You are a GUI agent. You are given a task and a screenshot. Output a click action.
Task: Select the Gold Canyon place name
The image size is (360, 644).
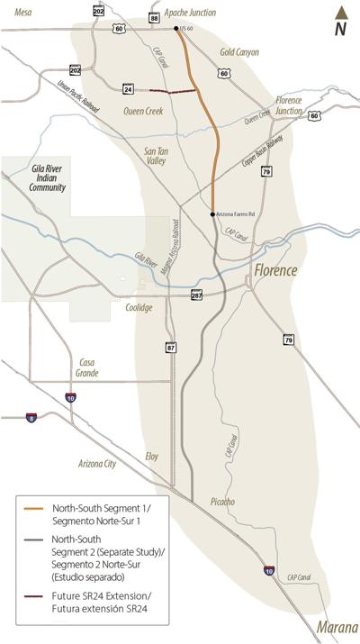pyautogui.click(x=239, y=52)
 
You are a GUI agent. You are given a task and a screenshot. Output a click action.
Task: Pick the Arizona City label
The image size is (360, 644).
pyautogui.click(x=97, y=464)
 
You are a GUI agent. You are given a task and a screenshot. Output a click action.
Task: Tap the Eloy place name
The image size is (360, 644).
pyautogui.click(x=152, y=457)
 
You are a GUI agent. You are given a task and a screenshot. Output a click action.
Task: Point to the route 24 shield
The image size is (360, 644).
pyautogui.click(x=129, y=89)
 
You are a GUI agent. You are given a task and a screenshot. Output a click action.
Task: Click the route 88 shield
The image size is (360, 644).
pyautogui.click(x=154, y=18)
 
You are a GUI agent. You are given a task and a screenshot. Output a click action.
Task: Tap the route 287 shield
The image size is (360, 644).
pyautogui.click(x=197, y=295)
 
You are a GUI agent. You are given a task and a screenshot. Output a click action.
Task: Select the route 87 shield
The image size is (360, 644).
pyautogui.click(x=170, y=347)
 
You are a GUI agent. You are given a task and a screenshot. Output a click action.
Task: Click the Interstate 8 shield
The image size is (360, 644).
pyautogui.click(x=31, y=419)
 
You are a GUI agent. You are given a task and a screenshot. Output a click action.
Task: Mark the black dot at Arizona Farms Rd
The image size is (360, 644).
pyautogui.click(x=212, y=214)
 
